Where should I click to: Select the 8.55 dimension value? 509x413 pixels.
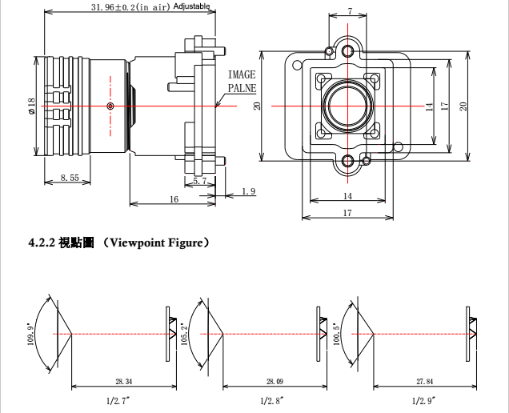pyautogui.click(x=70, y=178)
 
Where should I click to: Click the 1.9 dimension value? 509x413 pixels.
pyautogui.click(x=248, y=191)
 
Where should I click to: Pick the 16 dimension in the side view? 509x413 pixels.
pyautogui.click(x=174, y=199)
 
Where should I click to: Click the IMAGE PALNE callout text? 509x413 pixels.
pyautogui.click(x=242, y=81)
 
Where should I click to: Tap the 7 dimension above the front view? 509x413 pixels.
pyautogui.click(x=350, y=12)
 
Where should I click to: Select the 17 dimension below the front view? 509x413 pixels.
pyautogui.click(x=347, y=213)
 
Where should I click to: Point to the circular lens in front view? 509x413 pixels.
pyautogui.click(x=348, y=106)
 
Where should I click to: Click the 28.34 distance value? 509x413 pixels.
pyautogui.click(x=124, y=382)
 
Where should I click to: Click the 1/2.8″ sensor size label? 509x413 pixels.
pyautogui.click(x=272, y=399)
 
